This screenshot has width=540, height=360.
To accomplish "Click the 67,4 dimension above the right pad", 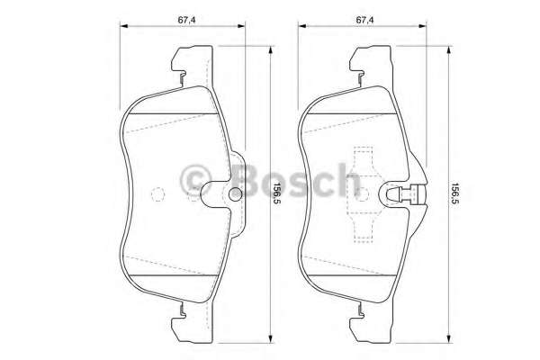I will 364,16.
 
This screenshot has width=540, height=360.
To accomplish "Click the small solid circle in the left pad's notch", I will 237,194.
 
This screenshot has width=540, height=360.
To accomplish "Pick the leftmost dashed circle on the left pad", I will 157,193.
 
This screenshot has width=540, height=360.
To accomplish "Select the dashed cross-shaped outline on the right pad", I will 364,194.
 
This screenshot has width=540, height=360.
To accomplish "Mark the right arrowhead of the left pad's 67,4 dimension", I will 244,28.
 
